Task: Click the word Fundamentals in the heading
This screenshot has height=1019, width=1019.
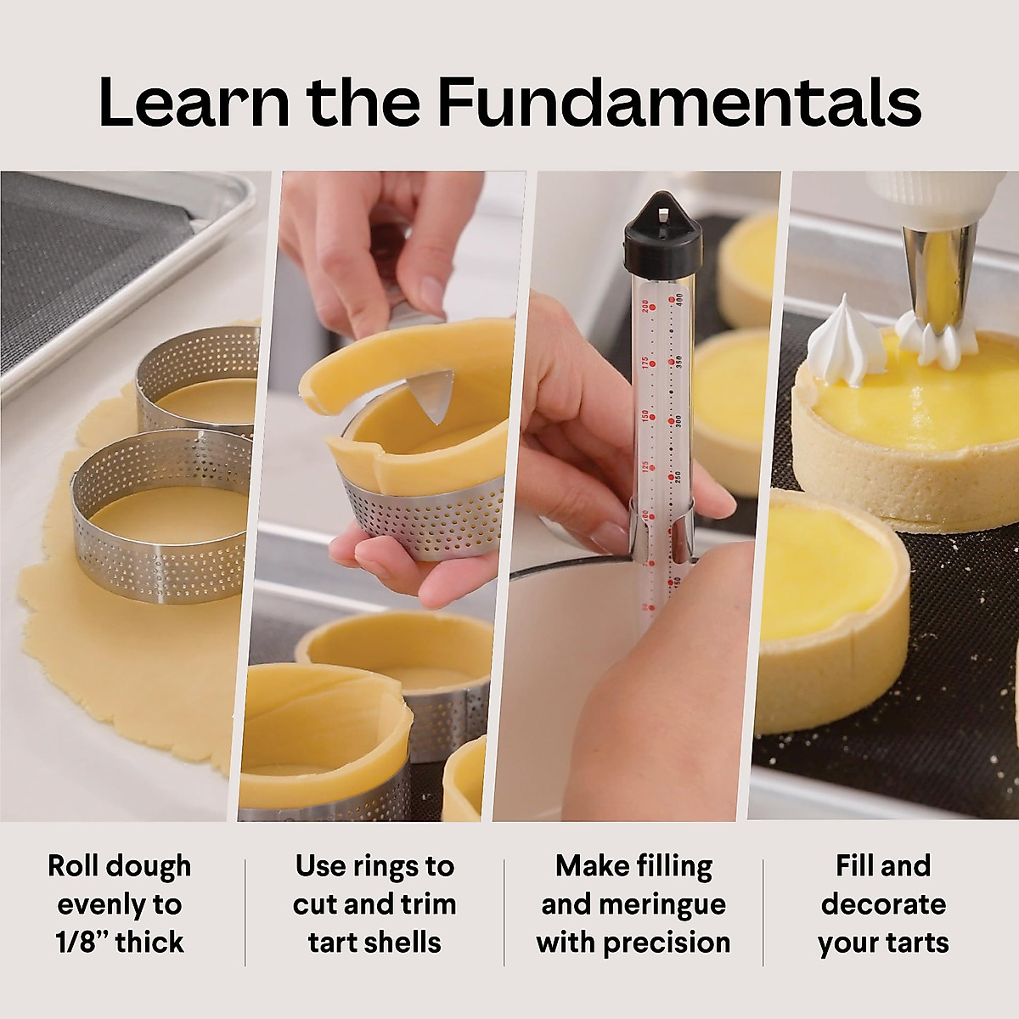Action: [679, 102]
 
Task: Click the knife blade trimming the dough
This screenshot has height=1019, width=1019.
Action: [433, 395]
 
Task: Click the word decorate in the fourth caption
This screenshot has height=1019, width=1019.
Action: [883, 904]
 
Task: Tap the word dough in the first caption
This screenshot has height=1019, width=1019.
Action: [153, 866]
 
